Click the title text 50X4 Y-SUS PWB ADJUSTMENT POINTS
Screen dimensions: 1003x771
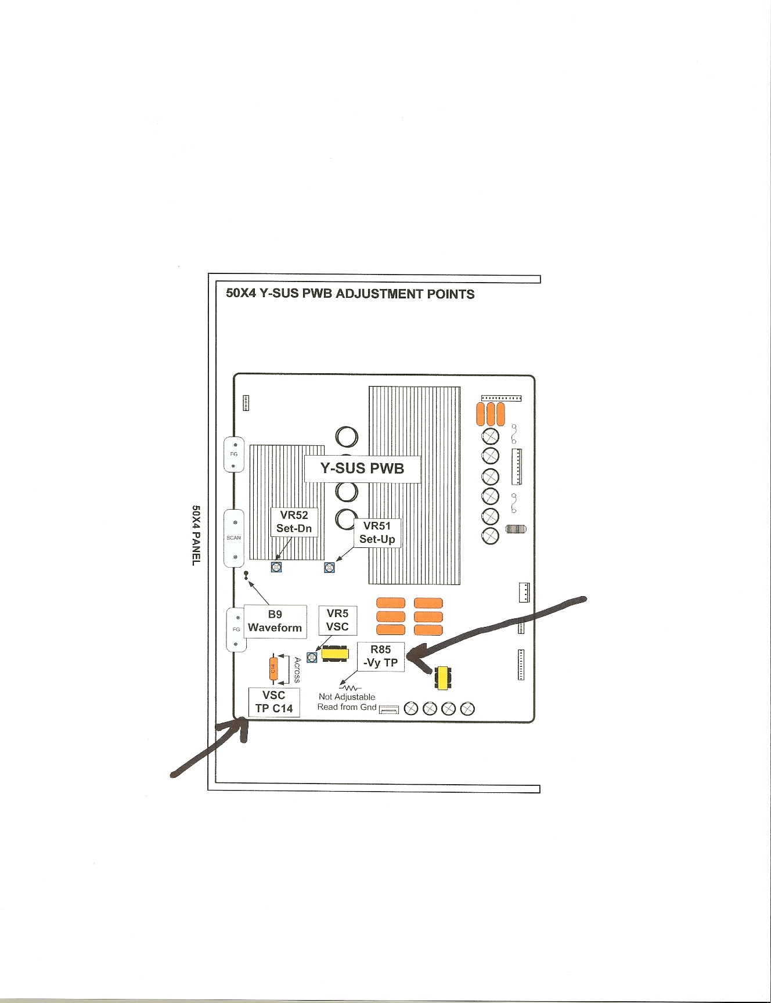point(350,294)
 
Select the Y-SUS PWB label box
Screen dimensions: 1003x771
point(362,468)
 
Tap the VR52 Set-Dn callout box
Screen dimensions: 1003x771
point(294,522)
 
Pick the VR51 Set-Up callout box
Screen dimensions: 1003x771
point(377,533)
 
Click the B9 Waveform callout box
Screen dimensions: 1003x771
point(275,621)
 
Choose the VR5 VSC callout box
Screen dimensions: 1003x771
point(337,620)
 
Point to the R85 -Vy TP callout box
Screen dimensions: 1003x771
point(380,656)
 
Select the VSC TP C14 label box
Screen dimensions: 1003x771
point(274,702)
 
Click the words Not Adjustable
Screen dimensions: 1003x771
point(347,697)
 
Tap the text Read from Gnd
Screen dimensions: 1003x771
point(347,707)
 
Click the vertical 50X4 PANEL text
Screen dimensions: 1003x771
point(196,535)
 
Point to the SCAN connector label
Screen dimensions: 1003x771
point(233,537)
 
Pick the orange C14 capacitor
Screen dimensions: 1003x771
point(273,669)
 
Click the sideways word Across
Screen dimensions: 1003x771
point(297,670)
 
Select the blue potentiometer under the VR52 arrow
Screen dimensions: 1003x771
point(276,567)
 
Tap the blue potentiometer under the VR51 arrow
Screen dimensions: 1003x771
point(329,567)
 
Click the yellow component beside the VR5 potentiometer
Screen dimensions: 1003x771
point(335,654)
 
